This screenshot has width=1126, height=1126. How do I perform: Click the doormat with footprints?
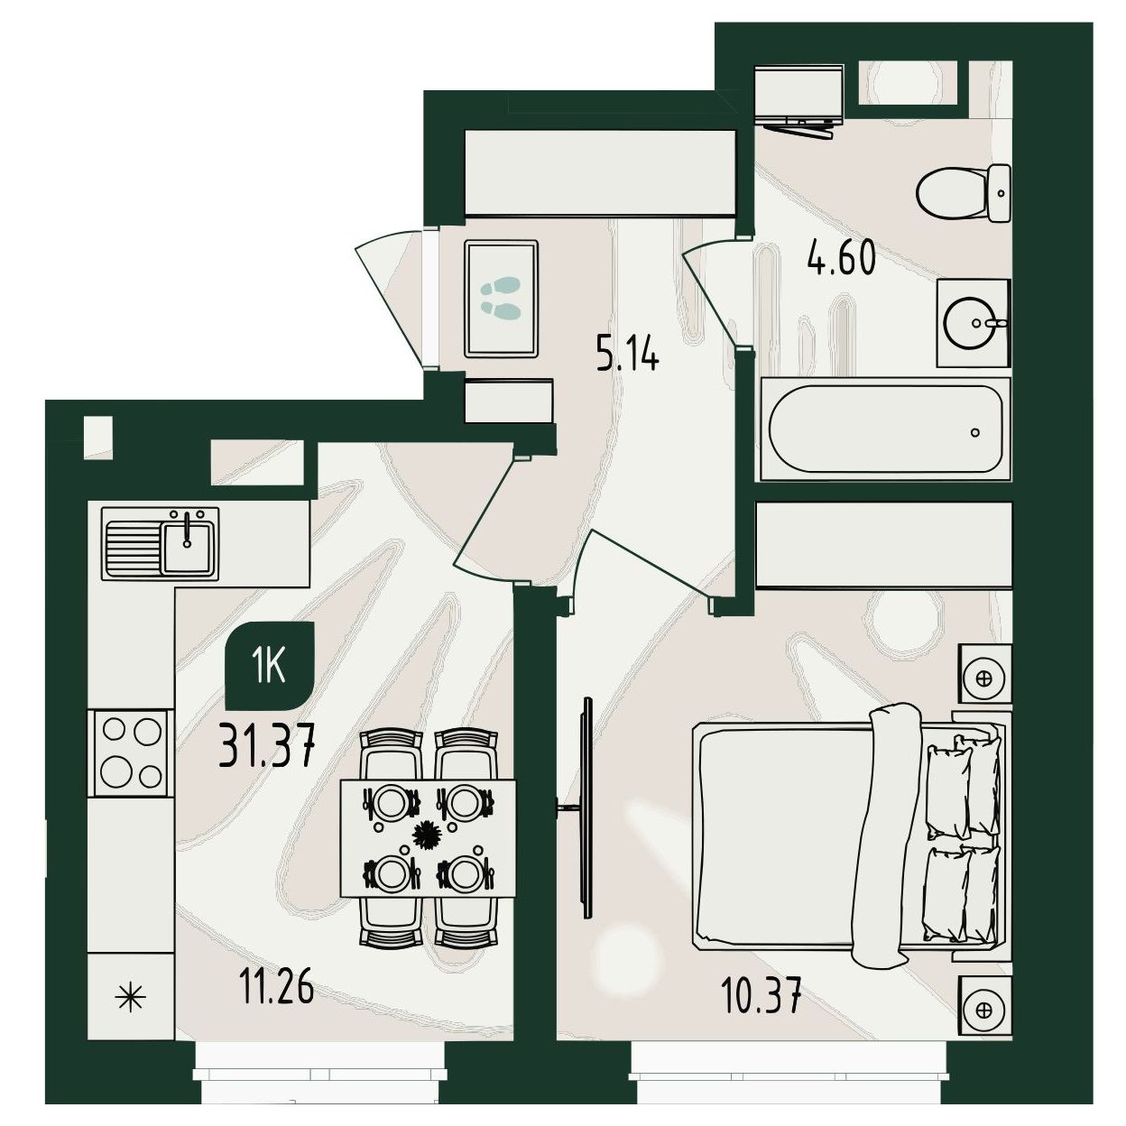click(502, 299)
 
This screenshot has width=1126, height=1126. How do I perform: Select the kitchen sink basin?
click(187, 547)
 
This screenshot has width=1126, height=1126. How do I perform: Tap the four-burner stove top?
click(131, 752)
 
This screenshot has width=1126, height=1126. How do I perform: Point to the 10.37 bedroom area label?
click(761, 996)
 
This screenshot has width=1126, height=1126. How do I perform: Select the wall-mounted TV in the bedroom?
click(585, 808)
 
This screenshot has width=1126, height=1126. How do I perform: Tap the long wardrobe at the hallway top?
click(600, 173)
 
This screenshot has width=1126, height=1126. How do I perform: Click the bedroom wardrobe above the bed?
click(883, 545)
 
